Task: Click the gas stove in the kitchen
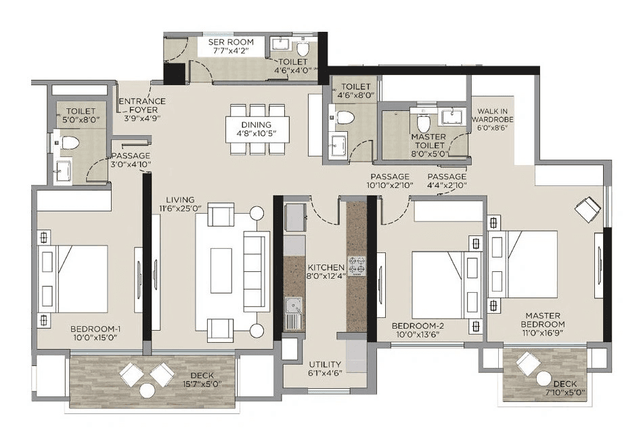pyautogui.click(x=357, y=266)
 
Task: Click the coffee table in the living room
pyautogui.click(x=221, y=271)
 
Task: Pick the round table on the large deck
pyautogui.click(x=147, y=390)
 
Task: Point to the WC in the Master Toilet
pyautogui.click(x=424, y=123)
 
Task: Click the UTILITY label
pyautogui.click(x=325, y=365)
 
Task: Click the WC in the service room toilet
pyautogui.click(x=303, y=50)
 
